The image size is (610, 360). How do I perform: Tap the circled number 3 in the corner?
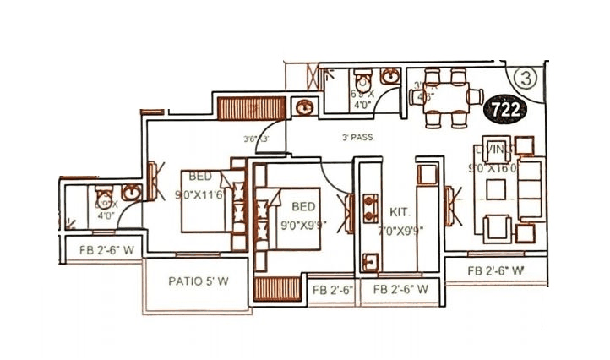click(x=525, y=79)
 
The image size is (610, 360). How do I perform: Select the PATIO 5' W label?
click(x=199, y=281)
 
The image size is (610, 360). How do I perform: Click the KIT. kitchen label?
click(x=400, y=210)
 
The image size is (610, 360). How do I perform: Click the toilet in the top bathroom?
click(x=363, y=79)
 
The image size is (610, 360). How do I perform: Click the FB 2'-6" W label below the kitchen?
click(x=395, y=290)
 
